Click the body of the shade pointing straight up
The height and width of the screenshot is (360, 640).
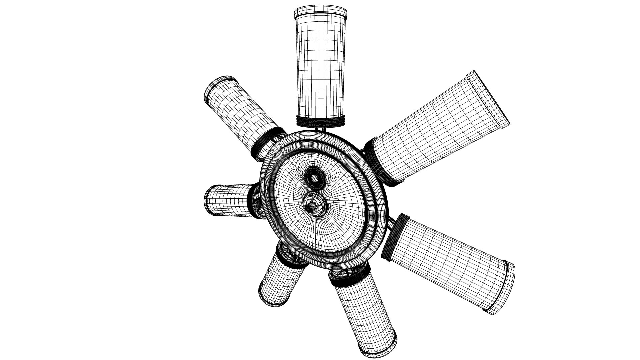(x=320, y=67)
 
